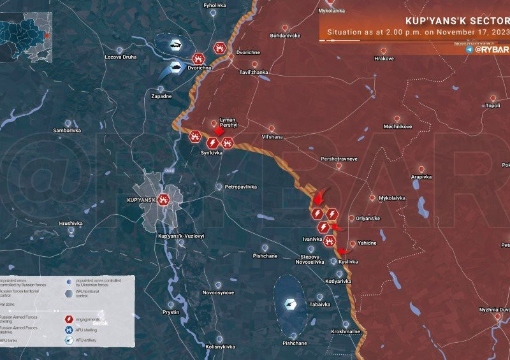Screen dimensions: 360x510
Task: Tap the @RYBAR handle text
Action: click(x=492, y=49)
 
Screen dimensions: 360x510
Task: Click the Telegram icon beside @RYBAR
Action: click(x=470, y=49)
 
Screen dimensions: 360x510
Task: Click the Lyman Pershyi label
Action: click(x=228, y=123)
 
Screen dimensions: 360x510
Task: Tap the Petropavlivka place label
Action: click(x=240, y=187)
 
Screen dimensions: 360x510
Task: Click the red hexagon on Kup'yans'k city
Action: click(x=164, y=199)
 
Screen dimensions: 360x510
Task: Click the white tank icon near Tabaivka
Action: click(x=291, y=304)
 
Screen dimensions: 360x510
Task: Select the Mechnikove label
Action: click(x=397, y=126)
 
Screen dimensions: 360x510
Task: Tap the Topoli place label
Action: click(x=492, y=106)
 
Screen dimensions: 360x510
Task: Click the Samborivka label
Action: click(x=67, y=130)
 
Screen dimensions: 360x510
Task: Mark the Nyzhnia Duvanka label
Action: click(x=495, y=310)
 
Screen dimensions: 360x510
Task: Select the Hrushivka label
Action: click(x=71, y=224)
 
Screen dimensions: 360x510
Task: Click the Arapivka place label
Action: click(x=421, y=176)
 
